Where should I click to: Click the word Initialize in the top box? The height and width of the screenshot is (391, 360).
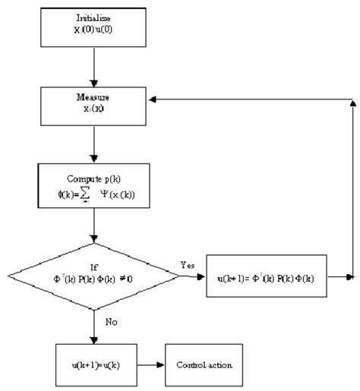92,17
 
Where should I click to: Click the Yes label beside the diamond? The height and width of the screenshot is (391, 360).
189,265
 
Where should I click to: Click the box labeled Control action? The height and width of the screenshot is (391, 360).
206,365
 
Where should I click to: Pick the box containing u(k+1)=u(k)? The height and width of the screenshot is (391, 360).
93,365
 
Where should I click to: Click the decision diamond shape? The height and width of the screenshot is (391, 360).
93,277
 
